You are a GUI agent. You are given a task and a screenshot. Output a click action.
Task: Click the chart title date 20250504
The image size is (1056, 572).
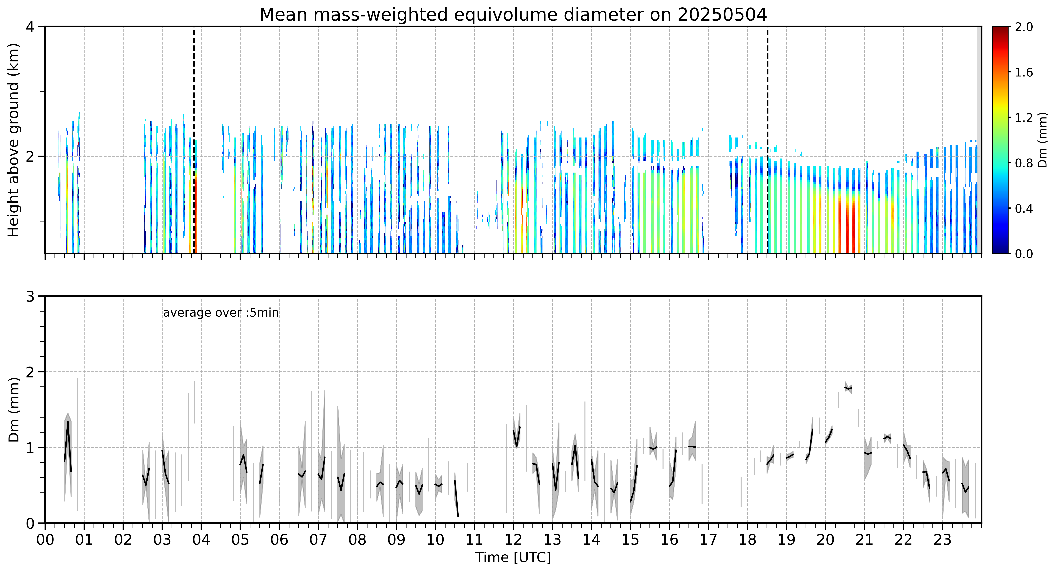[x=722, y=15]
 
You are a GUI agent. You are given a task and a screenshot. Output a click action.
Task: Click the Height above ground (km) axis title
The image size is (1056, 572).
[x=13, y=140]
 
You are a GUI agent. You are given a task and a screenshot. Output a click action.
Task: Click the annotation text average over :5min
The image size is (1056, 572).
[x=221, y=313]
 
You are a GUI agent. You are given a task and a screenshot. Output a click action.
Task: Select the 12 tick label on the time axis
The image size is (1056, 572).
[x=513, y=540]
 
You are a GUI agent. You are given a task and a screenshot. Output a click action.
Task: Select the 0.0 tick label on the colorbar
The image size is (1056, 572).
[x=1024, y=254]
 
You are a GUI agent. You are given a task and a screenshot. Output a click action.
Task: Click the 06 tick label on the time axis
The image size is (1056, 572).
[x=279, y=540]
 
